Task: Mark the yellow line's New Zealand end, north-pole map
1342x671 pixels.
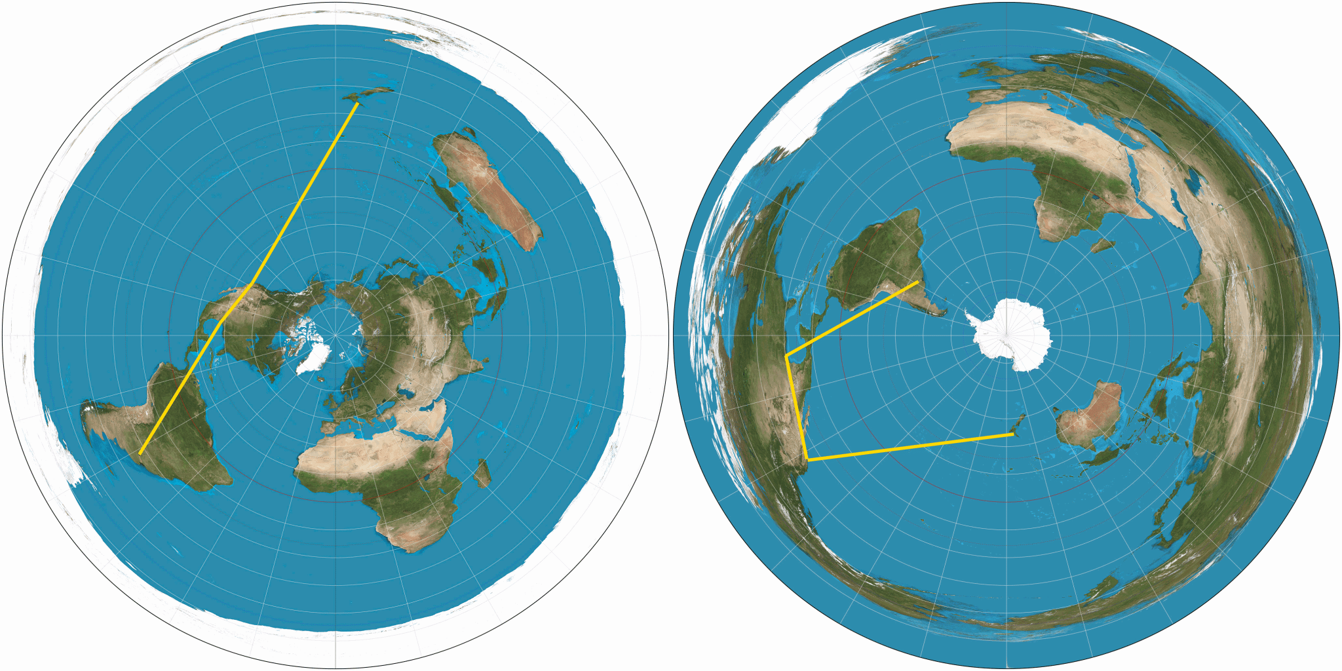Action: [x=356, y=103]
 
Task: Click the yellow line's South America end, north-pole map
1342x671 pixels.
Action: [x=140, y=453]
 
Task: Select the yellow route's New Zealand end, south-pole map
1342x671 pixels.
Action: [x=1013, y=434]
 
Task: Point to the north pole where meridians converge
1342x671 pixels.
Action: [x=335, y=335]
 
